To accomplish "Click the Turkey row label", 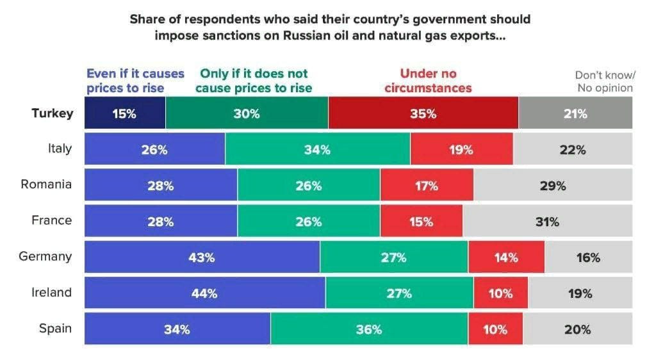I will (x=53, y=114).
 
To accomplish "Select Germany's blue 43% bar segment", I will (x=202, y=258).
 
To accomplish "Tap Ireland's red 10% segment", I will (x=500, y=293).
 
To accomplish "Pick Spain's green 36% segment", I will (x=369, y=329).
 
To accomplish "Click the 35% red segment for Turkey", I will (x=423, y=114).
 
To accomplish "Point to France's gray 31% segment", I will (x=547, y=222).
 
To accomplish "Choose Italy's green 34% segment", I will (x=318, y=150).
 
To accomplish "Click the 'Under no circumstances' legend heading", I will (x=428, y=81).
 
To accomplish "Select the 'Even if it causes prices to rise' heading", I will (x=135, y=81).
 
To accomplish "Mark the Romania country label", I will (x=46, y=185).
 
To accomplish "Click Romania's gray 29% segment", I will (x=553, y=186).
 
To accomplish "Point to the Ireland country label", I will (x=51, y=293).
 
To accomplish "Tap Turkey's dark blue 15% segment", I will (x=125, y=114).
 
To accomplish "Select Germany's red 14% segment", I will (x=506, y=258).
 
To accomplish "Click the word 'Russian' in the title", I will (x=327, y=36).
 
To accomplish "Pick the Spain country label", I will (x=55, y=329).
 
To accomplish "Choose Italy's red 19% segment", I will (x=461, y=150).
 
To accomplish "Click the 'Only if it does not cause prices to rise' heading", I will (x=254, y=81).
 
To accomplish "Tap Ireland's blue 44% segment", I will (x=205, y=293).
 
